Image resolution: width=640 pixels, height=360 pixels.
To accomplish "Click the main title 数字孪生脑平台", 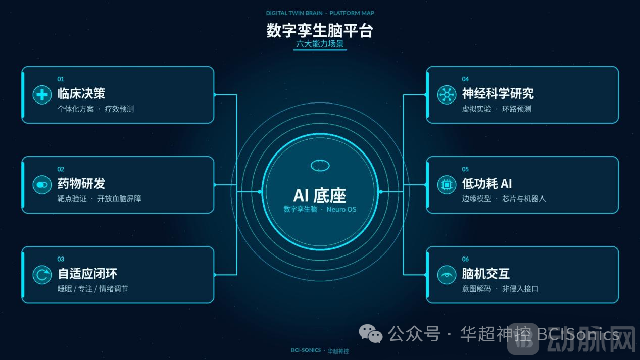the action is tap(320, 31).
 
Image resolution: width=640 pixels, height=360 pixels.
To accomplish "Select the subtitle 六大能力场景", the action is tap(320, 44).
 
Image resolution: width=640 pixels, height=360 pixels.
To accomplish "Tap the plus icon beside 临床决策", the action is tap(42, 95).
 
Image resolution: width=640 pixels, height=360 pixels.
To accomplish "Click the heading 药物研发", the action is tap(81, 183).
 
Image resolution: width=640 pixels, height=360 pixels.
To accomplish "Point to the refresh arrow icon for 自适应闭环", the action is tap(42, 275).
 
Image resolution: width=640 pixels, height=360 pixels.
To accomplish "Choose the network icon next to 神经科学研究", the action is tap(447, 95).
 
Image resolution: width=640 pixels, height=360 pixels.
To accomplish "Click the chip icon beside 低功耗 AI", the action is tap(447, 185).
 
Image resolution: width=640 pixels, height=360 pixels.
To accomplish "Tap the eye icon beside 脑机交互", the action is tap(447, 275).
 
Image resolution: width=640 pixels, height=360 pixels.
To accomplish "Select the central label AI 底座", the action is tap(320, 196).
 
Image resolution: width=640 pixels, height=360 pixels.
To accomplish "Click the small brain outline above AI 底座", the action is tap(320, 166).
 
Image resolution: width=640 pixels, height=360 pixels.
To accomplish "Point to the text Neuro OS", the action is tap(341, 209).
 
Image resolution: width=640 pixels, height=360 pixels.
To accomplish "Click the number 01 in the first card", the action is tap(61, 79).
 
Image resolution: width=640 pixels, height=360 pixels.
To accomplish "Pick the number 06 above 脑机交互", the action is tap(465, 259).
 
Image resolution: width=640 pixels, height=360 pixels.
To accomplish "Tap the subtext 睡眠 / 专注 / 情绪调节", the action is tap(92, 289).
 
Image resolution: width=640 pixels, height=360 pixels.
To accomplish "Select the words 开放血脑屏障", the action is tap(119, 199).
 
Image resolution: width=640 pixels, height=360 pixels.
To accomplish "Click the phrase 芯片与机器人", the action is tap(524, 199).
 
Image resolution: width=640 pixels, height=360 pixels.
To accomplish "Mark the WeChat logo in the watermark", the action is tap(371, 333).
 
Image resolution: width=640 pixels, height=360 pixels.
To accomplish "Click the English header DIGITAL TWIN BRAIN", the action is tap(294, 13).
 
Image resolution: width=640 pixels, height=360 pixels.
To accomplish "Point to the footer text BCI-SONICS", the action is tap(306, 350).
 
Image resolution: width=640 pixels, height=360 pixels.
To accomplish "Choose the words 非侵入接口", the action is tap(520, 289).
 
